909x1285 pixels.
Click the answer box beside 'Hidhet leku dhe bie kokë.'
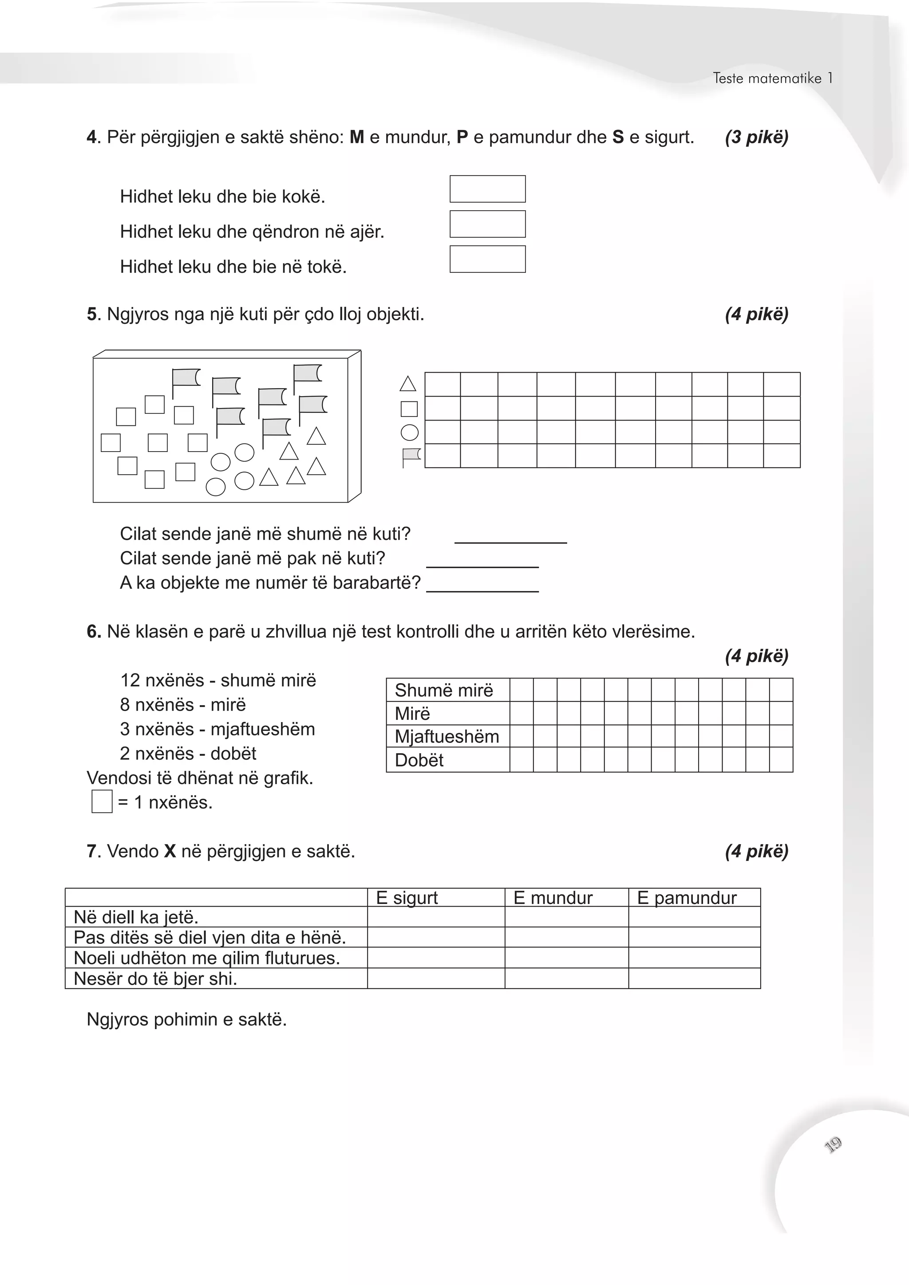point(487,189)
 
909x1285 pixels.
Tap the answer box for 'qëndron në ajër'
point(487,224)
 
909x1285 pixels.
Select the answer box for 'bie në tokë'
point(487,259)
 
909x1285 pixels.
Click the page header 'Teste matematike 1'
point(772,79)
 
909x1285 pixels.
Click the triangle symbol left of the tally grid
point(408,384)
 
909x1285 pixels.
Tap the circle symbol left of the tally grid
point(409,432)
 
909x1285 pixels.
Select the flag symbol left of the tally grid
point(411,457)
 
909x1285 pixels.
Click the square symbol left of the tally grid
point(409,409)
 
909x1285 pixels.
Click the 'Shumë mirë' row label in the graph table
point(443,691)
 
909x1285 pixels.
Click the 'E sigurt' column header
point(407,898)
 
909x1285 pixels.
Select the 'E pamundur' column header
point(687,898)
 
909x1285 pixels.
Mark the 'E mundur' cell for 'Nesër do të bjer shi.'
point(566,978)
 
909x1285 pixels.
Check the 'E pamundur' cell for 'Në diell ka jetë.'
point(694,917)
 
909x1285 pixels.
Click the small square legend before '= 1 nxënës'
point(102,802)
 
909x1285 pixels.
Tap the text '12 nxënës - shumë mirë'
point(218,680)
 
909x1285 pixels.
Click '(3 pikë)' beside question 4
point(756,137)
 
